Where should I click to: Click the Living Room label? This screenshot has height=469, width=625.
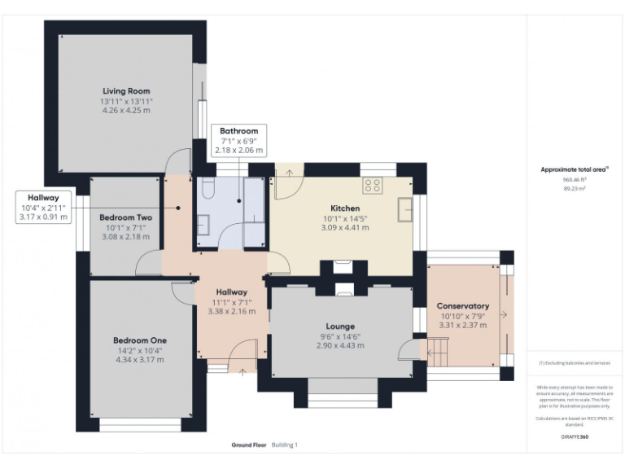pos(126,91)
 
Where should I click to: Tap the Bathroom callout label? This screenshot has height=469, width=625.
pos(238,131)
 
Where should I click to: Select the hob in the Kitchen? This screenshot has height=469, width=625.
pos(372,186)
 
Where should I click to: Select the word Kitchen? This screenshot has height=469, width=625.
pos(346,208)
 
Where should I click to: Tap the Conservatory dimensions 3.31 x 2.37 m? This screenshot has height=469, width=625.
pos(463,325)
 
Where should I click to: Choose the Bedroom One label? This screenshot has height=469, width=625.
pos(140,340)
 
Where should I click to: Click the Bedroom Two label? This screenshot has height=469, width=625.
pos(125,217)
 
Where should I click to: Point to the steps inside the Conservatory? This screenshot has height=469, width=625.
pos(437,353)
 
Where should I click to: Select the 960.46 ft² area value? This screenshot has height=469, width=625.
pos(575,179)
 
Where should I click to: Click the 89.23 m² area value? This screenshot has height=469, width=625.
pos(575,188)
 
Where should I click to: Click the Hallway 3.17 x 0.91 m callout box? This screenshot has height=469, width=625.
pos(44,208)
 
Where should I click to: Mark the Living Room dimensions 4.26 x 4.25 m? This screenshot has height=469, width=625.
pos(126,110)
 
